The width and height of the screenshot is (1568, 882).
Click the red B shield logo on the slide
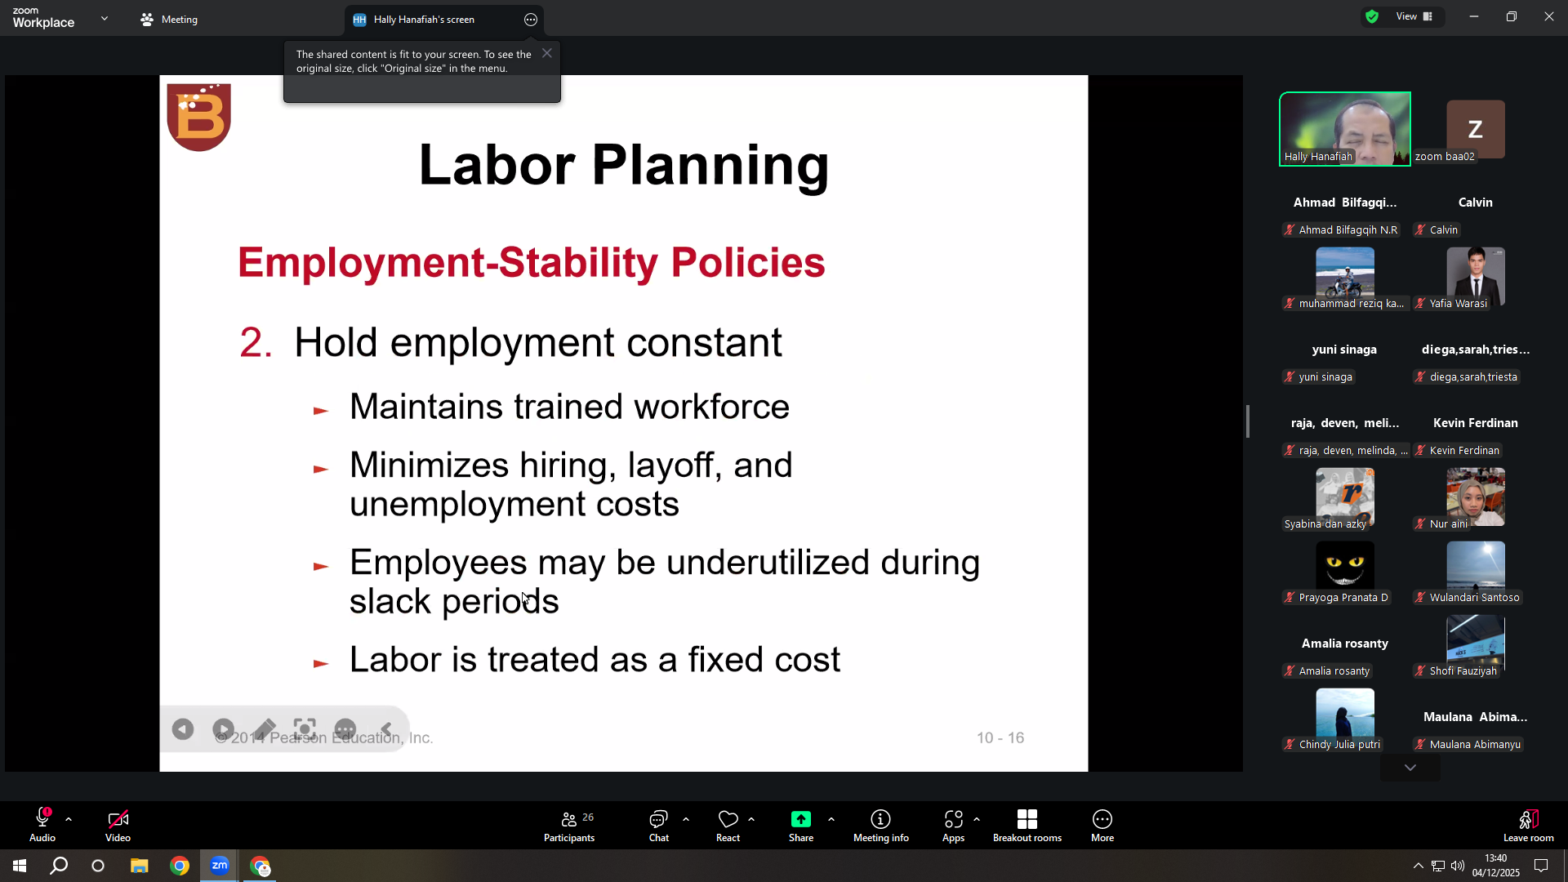point(198,117)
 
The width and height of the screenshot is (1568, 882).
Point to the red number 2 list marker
point(256,342)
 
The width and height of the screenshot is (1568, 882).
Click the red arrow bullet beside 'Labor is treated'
point(321,663)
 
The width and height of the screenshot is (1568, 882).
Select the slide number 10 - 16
point(1000,737)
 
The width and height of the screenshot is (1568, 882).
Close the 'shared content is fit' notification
point(547,53)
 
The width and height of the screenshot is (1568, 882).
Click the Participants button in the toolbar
point(569,826)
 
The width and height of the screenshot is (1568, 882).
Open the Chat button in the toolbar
point(659,826)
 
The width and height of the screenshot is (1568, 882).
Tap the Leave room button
point(1529,826)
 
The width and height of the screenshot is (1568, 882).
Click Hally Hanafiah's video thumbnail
point(1345,129)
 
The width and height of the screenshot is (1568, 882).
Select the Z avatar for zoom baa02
point(1475,128)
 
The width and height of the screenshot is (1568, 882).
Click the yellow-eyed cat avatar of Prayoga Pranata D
point(1345,565)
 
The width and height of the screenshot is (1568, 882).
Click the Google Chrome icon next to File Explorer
point(180,866)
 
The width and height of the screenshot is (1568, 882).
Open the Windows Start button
point(20,866)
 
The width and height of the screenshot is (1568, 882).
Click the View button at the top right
point(1414,16)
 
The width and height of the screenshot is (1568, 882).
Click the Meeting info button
point(881,826)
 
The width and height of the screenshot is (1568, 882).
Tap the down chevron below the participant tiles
point(1410,768)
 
